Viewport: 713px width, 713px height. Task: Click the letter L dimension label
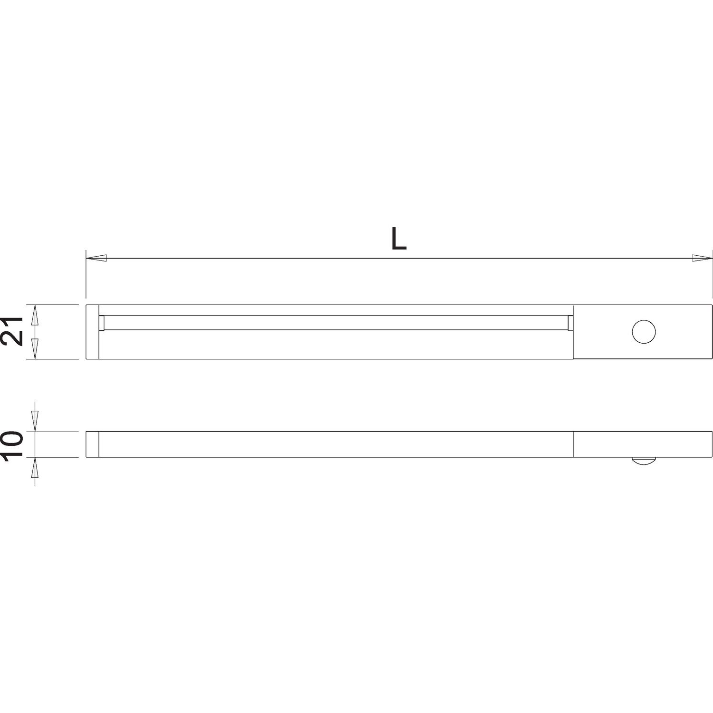[399, 239]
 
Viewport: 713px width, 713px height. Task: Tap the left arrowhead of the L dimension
[96, 259]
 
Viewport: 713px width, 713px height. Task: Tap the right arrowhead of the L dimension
[703, 259]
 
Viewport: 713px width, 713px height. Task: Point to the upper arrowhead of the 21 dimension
[35, 315]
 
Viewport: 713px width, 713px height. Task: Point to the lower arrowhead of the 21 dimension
[35, 349]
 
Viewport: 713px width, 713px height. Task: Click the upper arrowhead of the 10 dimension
[35, 421]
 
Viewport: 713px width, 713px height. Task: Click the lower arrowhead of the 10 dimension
[35, 468]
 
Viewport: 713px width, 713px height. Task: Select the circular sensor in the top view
[644, 332]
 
